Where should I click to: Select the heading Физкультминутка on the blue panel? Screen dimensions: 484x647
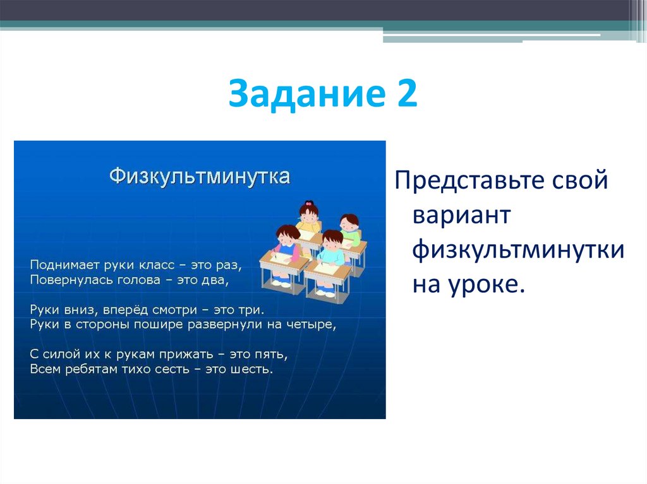(200, 175)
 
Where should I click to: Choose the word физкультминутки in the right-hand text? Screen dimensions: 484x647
(519, 251)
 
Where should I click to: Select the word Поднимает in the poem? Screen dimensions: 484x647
(57, 264)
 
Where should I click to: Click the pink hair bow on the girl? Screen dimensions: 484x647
(308, 204)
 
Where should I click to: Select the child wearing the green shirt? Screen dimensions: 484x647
(349, 230)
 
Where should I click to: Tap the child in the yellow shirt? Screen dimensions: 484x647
(309, 220)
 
